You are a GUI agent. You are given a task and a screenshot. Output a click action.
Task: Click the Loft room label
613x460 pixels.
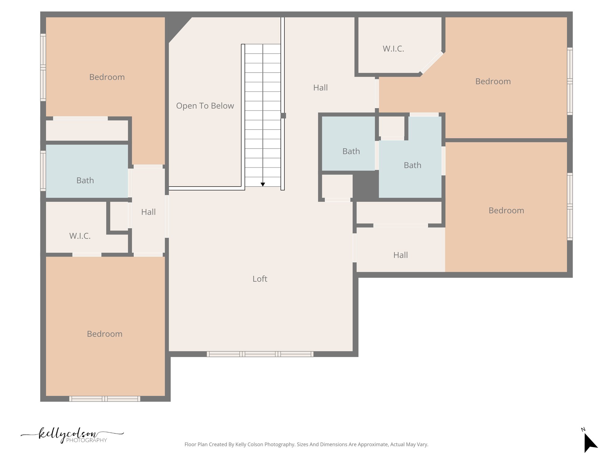pyautogui.click(x=260, y=279)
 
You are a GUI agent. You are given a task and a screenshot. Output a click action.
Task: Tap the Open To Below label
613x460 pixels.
pyautogui.click(x=205, y=106)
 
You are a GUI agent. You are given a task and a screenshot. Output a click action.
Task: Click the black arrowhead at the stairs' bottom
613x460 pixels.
pyautogui.click(x=263, y=184)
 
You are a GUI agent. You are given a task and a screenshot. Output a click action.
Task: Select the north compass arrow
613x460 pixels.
pyautogui.click(x=590, y=443)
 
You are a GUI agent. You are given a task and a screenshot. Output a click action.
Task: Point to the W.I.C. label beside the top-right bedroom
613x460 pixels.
pyautogui.click(x=393, y=49)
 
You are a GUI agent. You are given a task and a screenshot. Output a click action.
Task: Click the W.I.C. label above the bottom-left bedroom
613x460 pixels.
pyautogui.click(x=80, y=236)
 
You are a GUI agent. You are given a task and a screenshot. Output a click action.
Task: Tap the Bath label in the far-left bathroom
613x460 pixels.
pyautogui.click(x=85, y=180)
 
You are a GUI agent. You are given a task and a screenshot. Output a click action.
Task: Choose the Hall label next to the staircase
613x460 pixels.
pyautogui.click(x=320, y=88)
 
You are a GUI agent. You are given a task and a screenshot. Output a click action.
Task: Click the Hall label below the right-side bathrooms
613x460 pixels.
pyautogui.click(x=400, y=255)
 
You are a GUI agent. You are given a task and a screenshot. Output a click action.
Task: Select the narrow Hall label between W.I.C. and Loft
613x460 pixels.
pyautogui.click(x=148, y=212)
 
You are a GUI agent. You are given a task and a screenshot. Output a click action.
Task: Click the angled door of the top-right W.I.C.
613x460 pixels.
pyautogui.click(x=432, y=62)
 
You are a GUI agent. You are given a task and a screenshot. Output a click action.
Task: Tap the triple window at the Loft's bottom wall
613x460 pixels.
pyautogui.click(x=260, y=354)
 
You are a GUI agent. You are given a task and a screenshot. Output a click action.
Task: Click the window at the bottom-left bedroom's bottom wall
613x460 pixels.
pyautogui.click(x=104, y=399)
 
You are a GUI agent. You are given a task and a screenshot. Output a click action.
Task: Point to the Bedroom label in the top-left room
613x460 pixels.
pyautogui.click(x=107, y=77)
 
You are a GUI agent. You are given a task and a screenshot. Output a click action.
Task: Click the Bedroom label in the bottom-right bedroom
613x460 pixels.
pyautogui.click(x=506, y=211)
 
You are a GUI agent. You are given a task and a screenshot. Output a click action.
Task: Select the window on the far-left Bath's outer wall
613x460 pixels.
pyautogui.click(x=43, y=171)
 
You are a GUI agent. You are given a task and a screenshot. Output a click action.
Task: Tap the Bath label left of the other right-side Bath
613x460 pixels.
pyautogui.click(x=351, y=151)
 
